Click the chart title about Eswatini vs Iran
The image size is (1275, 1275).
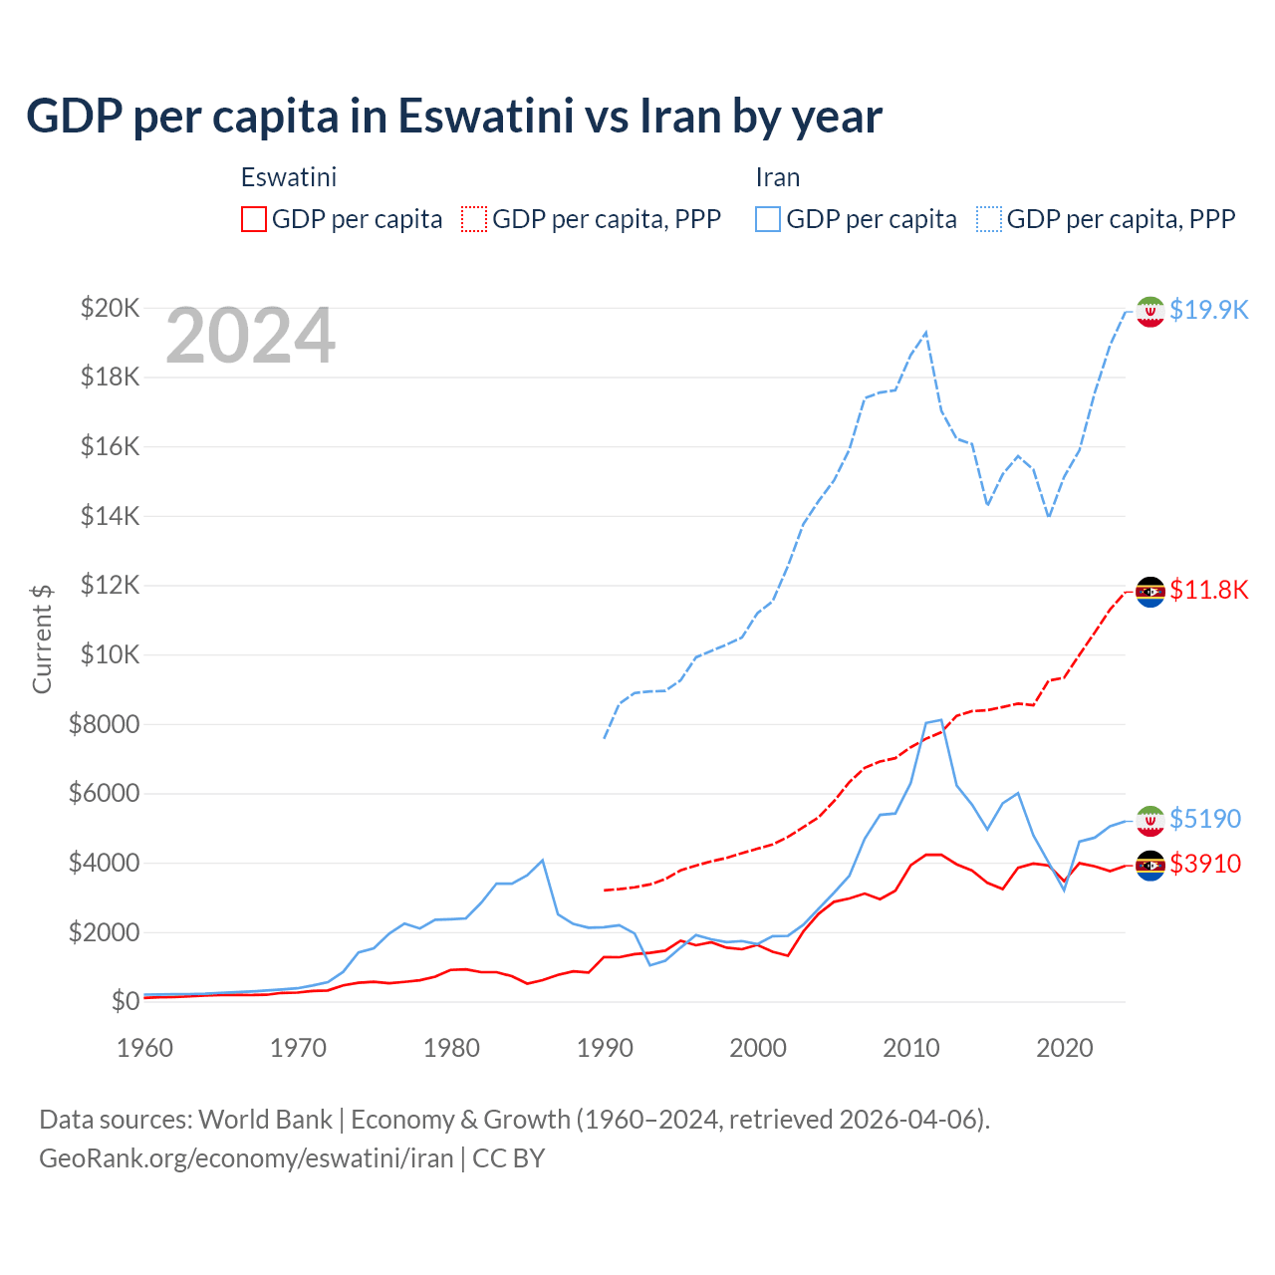(x=454, y=116)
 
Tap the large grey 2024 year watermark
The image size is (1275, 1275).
(x=250, y=336)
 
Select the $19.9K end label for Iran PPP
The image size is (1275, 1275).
(x=1208, y=310)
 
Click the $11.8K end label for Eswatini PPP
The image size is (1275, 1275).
(x=1208, y=590)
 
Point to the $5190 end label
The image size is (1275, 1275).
(x=1205, y=819)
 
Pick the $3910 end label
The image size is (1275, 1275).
(x=1205, y=864)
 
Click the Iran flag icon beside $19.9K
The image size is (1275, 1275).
(x=1150, y=312)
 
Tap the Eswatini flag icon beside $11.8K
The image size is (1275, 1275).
(x=1150, y=592)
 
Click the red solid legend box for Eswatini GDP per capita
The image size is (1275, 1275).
(x=254, y=219)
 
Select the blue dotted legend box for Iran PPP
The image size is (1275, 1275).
(x=989, y=219)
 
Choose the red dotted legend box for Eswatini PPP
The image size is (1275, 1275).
(x=474, y=219)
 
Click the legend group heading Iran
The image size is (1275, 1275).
(x=777, y=177)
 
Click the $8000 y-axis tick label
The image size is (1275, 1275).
(x=105, y=724)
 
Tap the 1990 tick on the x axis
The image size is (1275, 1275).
(x=605, y=1048)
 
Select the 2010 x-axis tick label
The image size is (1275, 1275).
(x=911, y=1048)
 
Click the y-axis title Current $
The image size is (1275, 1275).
(x=42, y=638)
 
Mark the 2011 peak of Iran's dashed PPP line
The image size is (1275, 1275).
(x=926, y=333)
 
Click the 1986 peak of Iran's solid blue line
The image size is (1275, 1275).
(x=542, y=860)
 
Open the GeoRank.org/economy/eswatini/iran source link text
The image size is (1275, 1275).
(x=246, y=1158)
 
